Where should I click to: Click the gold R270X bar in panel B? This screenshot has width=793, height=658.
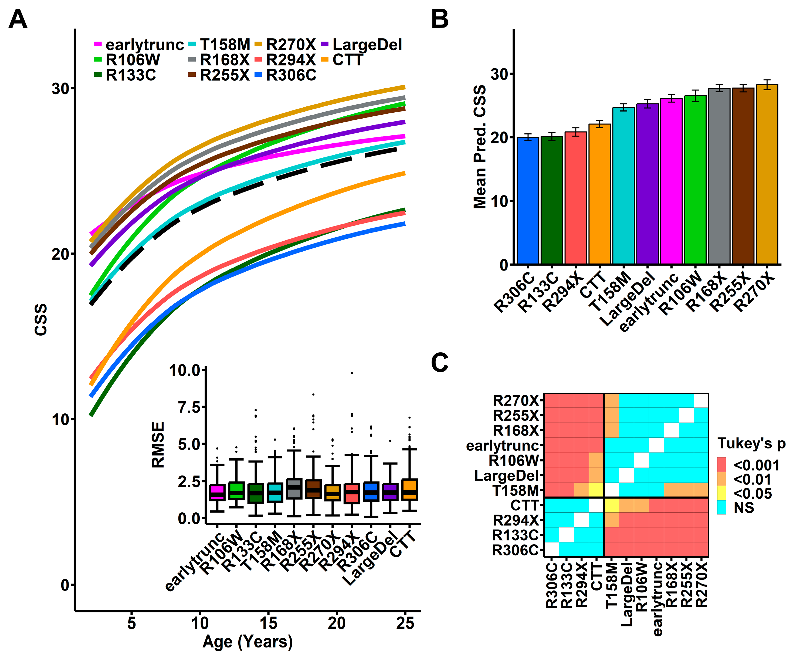[x=767, y=174]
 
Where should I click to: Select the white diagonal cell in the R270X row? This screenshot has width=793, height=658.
[x=701, y=401]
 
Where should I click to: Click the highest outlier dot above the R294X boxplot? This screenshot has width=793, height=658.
[x=352, y=373]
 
